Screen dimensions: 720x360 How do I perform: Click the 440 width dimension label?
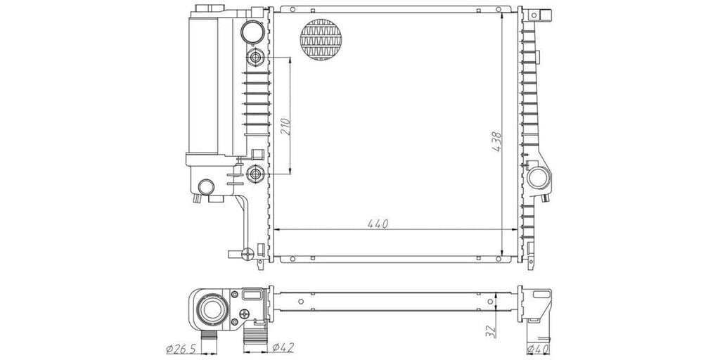point(378,224)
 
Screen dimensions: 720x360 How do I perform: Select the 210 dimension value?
point(285,127)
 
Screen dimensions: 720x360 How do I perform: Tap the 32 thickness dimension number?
point(490,330)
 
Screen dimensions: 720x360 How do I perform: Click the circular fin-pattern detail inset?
point(321,39)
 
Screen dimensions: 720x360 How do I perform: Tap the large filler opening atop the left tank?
point(252,31)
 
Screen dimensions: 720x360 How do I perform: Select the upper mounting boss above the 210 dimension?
point(255,58)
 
